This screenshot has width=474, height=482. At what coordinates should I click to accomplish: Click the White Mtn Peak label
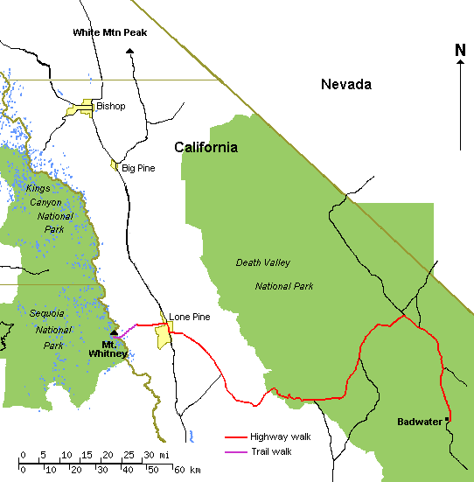(x=110, y=32)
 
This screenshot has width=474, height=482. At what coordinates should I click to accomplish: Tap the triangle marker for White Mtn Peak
(x=130, y=52)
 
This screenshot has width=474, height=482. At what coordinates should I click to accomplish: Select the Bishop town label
(x=111, y=106)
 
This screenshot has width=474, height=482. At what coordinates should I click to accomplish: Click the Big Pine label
(x=138, y=167)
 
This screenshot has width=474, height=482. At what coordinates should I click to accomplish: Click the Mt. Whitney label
(x=108, y=348)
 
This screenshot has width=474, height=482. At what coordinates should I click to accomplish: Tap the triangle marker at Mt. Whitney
(x=114, y=334)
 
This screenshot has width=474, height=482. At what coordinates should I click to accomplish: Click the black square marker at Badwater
(x=447, y=420)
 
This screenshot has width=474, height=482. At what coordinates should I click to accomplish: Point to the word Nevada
(x=346, y=84)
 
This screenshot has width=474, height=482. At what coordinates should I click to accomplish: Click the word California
(x=206, y=147)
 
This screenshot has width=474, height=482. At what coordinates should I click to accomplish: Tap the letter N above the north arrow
(x=460, y=50)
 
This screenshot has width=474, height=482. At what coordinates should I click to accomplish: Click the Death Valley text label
(x=263, y=262)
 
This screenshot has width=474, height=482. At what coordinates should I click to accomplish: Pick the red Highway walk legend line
(x=235, y=437)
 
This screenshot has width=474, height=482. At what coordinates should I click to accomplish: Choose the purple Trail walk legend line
(x=235, y=451)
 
